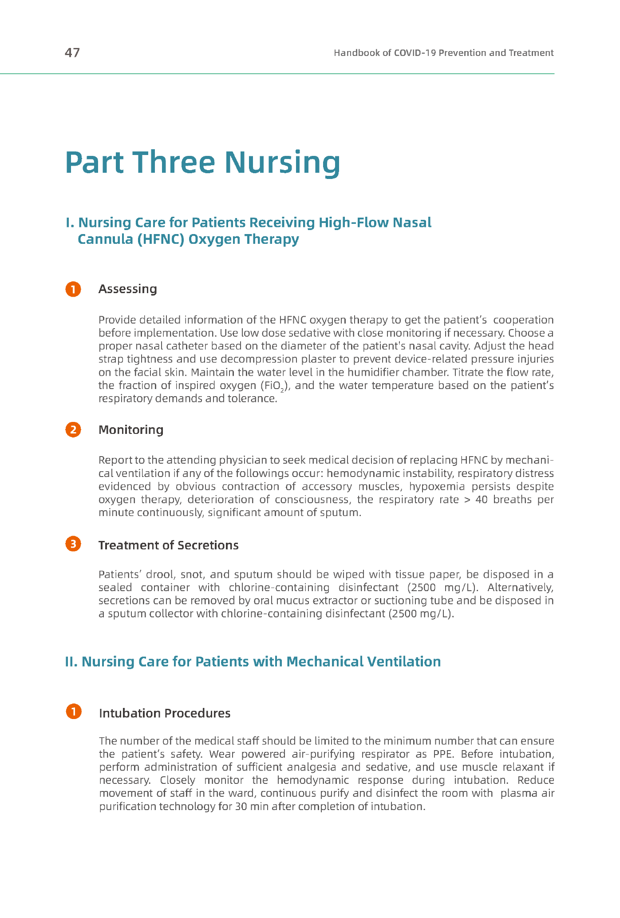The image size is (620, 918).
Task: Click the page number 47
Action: pyautogui.click(x=72, y=53)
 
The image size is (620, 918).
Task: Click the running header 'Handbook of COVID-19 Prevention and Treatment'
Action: pyautogui.click(x=443, y=53)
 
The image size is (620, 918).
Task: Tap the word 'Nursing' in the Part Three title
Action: pyautogui.click(x=282, y=163)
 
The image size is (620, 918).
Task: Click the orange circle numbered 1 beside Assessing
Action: pyautogui.click(x=73, y=289)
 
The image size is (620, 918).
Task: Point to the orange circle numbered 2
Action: pyautogui.click(x=73, y=430)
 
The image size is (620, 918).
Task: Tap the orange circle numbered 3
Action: pyautogui.click(x=73, y=544)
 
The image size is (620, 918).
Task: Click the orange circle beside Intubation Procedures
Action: pyautogui.click(x=74, y=711)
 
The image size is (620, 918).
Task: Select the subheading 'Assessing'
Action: pyautogui.click(x=127, y=289)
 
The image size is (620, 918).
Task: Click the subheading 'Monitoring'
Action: pyautogui.click(x=130, y=430)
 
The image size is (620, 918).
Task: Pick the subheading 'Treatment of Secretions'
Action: pyautogui.click(x=168, y=545)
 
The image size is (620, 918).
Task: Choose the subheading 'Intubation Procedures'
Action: pyautogui.click(x=165, y=713)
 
